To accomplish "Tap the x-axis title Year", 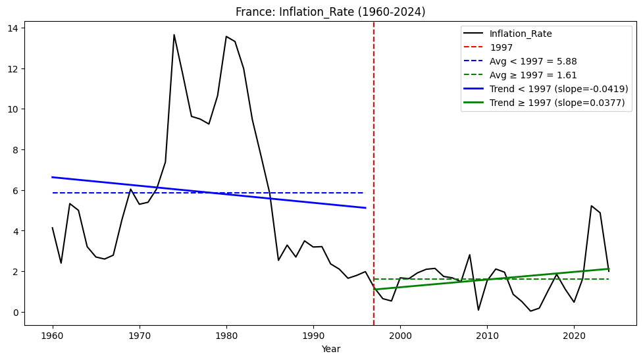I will click(x=330, y=349).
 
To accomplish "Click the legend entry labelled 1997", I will click(x=502, y=47).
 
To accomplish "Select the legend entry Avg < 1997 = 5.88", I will click(x=533, y=61).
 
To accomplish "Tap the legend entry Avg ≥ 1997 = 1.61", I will click(x=533, y=75).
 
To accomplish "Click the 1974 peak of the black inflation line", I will click(x=174, y=35).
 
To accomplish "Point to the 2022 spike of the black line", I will click(x=592, y=206).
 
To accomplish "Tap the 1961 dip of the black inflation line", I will click(x=61, y=263).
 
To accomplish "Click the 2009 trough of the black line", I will click(x=478, y=310).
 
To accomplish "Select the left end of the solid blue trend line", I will click(x=53, y=177).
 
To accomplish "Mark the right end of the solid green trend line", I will click(x=609, y=269).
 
